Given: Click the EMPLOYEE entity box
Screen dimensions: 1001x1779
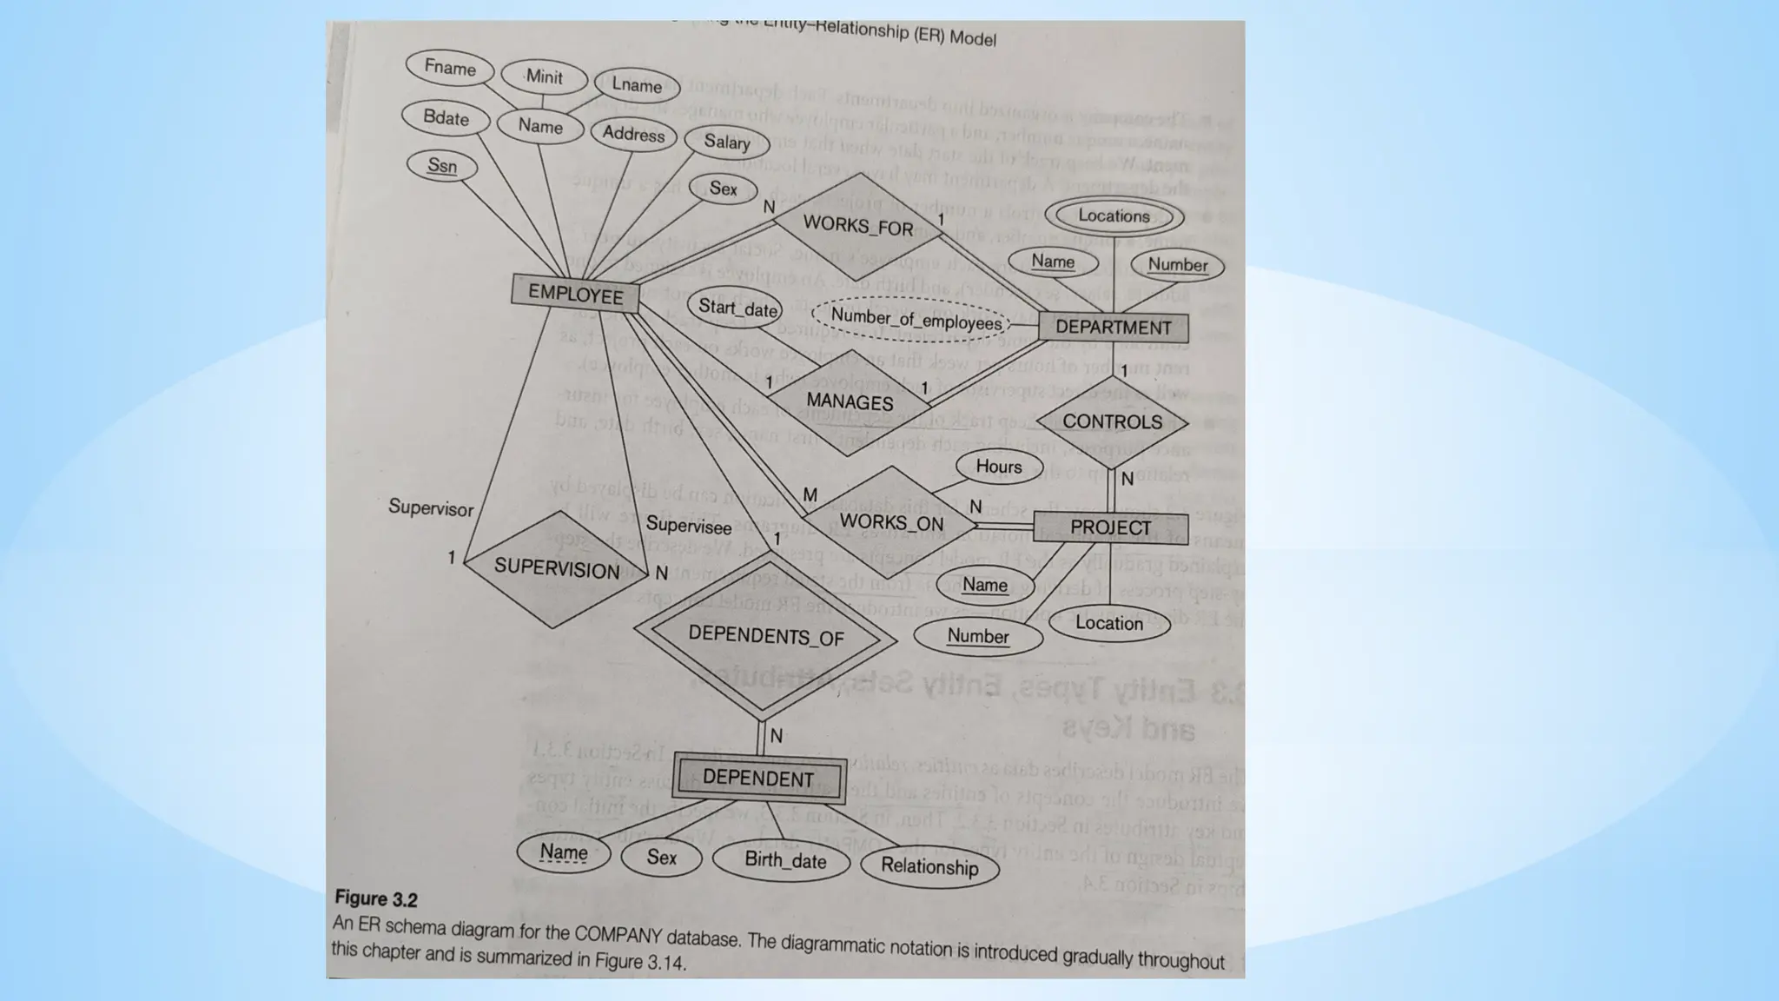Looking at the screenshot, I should point(575,294).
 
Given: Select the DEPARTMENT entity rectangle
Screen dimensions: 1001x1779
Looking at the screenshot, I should point(1113,328).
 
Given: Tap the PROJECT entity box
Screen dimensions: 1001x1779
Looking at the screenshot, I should point(1110,527).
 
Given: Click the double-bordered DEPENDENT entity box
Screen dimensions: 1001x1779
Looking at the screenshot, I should point(758,777).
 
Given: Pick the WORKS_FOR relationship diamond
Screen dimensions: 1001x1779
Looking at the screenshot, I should point(858,225).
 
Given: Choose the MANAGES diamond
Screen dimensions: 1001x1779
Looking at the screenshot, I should point(850,401).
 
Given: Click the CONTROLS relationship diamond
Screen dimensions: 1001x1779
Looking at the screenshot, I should point(1112,421).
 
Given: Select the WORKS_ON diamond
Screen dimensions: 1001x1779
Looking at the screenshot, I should point(891,522).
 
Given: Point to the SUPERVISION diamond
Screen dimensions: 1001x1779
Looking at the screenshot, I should point(556,569).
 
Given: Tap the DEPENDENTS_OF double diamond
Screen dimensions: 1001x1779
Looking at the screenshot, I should point(765,636).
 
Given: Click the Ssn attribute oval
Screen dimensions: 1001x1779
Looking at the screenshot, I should point(442,165).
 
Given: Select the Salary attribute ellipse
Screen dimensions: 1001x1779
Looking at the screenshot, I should point(726,142).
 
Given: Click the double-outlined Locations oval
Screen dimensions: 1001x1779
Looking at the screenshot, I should point(1114,215).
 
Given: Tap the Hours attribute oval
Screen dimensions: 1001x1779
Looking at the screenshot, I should point(998,467).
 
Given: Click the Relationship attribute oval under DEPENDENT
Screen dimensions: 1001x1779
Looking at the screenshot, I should point(929,865).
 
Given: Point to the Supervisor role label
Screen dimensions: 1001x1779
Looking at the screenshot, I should point(431,507).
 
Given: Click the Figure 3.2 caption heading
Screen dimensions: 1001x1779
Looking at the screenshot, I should point(376,898).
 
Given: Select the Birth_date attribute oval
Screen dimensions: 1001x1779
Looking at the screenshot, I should point(785,860).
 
